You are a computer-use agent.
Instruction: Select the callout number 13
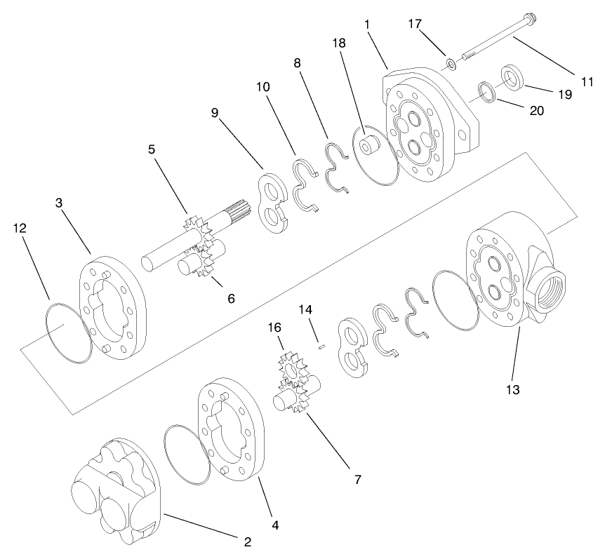tap(513, 389)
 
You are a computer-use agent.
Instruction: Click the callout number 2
tap(246, 541)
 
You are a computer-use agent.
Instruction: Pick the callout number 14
tap(304, 309)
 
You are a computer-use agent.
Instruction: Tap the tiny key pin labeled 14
tap(321, 344)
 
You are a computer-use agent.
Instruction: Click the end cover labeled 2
tap(116, 491)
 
